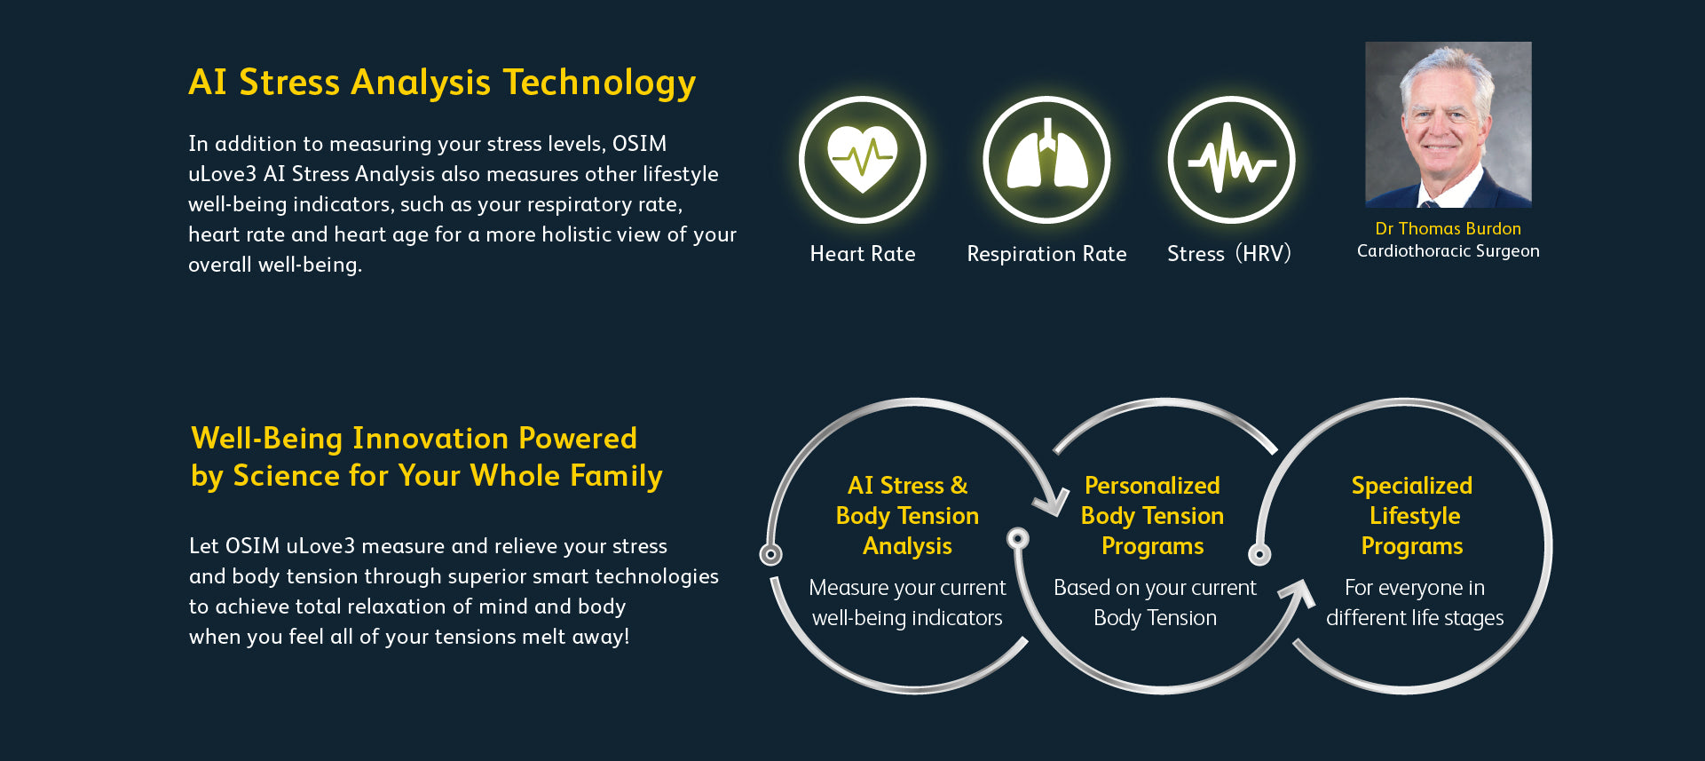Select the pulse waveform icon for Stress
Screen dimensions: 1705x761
pos(1231,160)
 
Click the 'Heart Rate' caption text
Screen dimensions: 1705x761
pos(863,254)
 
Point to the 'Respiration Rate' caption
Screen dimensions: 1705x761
pos(1046,254)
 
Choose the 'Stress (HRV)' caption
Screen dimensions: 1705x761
pos(1229,254)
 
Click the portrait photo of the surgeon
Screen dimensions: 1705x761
pos(1448,124)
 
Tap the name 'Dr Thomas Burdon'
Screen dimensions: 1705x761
pos(1448,228)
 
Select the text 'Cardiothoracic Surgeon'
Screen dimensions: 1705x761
pos(1448,251)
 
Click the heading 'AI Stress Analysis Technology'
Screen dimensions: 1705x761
pos(442,83)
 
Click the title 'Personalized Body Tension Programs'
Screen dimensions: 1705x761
pos(1152,516)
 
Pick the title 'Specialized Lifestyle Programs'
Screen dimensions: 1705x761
pos(1412,516)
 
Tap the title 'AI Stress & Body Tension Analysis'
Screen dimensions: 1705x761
pos(907,516)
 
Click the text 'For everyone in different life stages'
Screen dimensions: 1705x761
pos(1415,603)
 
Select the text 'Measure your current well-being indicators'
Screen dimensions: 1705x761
pos(907,603)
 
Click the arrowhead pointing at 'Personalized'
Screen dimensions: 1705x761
pos(1051,501)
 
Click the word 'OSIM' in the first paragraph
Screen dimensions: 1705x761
pos(639,144)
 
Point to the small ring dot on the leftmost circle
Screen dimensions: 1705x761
pos(770,555)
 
